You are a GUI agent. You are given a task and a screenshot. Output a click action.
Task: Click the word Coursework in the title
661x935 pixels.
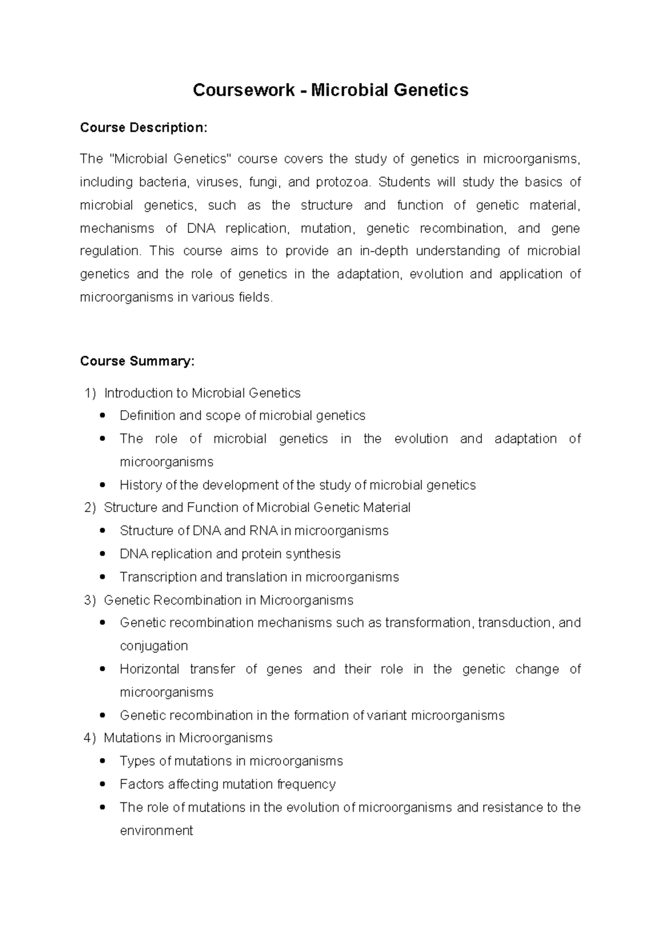point(243,90)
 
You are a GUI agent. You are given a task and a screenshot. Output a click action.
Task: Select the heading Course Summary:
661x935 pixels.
point(137,361)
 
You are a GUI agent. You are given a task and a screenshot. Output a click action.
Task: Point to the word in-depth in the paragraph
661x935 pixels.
point(383,251)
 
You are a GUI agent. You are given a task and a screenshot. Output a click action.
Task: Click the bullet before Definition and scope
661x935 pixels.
point(103,416)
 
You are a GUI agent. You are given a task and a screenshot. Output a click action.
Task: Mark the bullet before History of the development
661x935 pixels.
point(103,486)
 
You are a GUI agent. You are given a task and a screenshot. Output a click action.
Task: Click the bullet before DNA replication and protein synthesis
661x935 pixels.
point(103,555)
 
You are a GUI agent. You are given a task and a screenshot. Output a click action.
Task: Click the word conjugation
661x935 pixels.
point(154,646)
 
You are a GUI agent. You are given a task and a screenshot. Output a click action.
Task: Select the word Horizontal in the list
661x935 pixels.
point(149,669)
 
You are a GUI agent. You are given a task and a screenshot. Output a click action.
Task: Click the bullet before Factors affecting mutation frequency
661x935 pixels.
point(103,785)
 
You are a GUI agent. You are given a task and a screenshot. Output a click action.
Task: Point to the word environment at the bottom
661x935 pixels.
point(156,830)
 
